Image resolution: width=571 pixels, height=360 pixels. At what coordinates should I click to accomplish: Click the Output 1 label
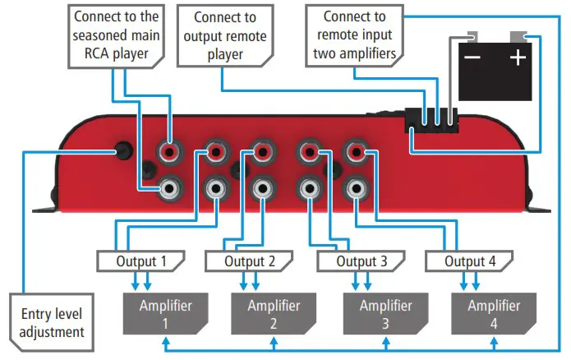pyautogui.click(x=139, y=261)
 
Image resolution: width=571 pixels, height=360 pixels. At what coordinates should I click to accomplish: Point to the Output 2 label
pyautogui.click(x=248, y=261)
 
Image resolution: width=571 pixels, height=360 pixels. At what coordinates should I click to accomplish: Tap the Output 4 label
pyautogui.click(x=469, y=261)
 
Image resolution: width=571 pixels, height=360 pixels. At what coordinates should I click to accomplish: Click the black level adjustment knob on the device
pyautogui.click(x=124, y=151)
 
